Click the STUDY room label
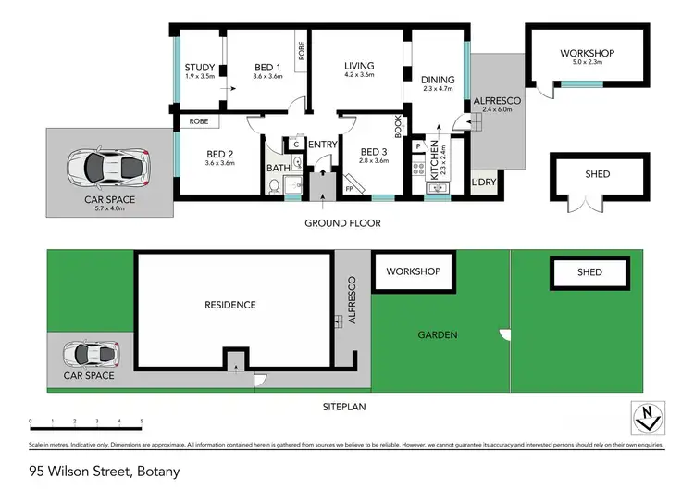tap(199, 68)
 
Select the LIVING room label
tap(359, 66)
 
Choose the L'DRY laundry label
tap(484, 182)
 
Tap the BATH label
tap(279, 168)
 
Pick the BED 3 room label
tap(373, 152)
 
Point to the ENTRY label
tap(322, 144)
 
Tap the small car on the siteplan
tap(90, 354)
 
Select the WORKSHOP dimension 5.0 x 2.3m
tap(587, 63)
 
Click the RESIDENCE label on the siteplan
tap(231, 305)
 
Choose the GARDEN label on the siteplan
tap(437, 335)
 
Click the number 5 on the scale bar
tap(142, 422)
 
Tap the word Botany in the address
tap(156, 472)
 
